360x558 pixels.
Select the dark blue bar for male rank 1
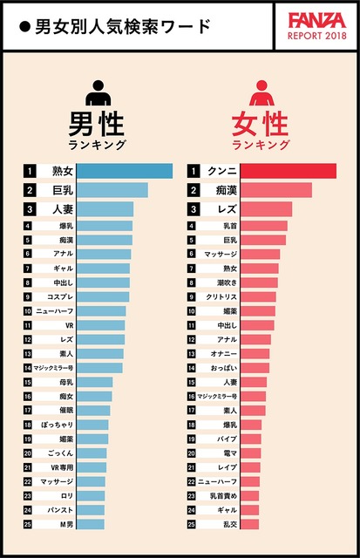131,171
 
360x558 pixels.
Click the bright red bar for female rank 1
289,171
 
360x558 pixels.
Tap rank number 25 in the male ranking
29,524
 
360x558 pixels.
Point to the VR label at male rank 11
57,325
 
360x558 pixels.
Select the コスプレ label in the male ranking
57,297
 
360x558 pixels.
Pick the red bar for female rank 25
249,524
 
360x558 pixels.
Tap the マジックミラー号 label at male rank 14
57,368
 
